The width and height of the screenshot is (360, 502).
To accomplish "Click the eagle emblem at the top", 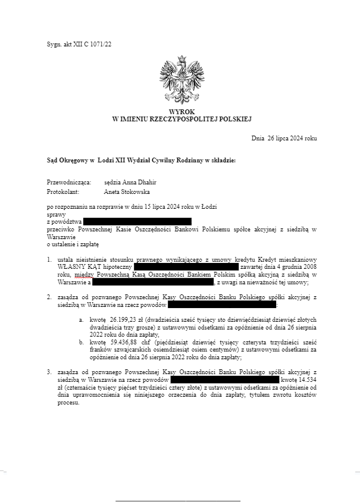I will tap(180, 80).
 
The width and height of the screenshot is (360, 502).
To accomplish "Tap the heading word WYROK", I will tap(181, 112).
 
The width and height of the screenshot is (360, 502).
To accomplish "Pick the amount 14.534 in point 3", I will tap(308, 379).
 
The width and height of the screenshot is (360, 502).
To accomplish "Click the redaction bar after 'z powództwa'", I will tap(136, 221).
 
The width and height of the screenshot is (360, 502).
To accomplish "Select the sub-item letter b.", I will tap(81, 343).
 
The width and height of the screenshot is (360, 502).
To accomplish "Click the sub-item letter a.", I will tap(81, 319).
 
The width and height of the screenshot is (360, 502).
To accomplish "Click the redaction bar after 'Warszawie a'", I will tap(150, 283).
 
